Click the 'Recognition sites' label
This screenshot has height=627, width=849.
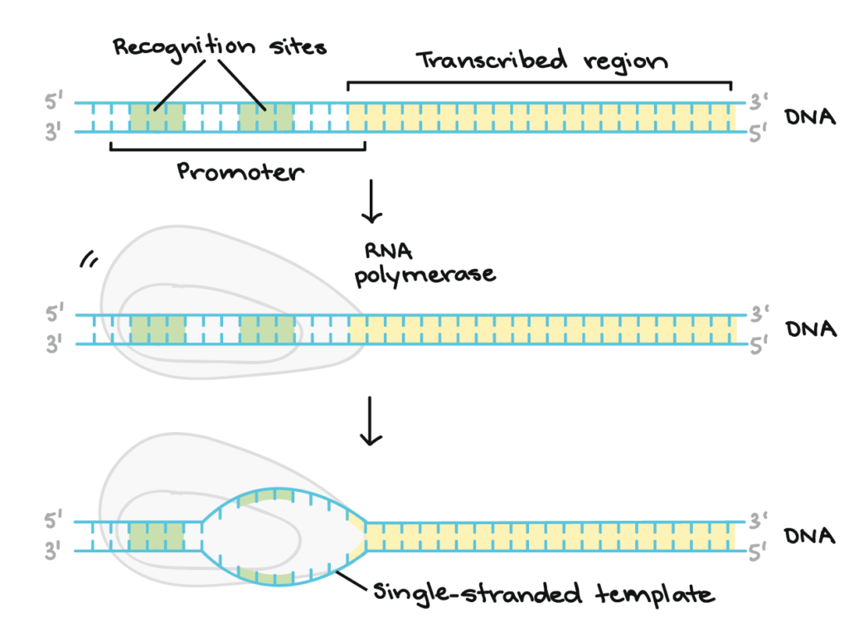220,46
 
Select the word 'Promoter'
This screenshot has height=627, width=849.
240,173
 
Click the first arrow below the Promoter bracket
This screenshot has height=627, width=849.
371,202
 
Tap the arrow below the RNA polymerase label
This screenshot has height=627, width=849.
371,428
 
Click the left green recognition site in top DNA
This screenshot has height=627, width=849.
157,117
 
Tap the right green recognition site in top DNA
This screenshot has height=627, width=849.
266,117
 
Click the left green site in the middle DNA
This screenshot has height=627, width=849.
157,329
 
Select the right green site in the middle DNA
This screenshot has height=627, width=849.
266,329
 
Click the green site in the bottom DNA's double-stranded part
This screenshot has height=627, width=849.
157,536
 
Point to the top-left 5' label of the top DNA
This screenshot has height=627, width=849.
54,104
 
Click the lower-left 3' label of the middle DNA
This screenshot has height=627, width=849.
54,343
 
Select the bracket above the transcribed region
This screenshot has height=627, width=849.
539,83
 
